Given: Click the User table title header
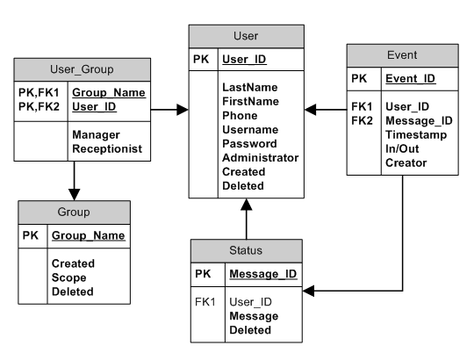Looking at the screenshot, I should coord(246,36).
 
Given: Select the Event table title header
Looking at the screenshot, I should coord(401,54).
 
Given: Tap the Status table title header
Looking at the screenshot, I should coord(246,250).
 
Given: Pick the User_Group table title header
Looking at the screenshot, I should coord(81,68).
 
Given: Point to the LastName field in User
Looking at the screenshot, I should coord(249,88).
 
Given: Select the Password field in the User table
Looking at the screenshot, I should coord(249,144).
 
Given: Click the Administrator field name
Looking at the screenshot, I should coord(261,158).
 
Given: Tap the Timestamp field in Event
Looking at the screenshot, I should coord(416,135).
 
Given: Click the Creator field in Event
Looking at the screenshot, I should coord(406,163).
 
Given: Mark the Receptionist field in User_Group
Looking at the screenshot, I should coord(107,149).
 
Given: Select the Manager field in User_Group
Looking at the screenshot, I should coord(97,135).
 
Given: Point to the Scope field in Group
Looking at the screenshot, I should coord(68,277).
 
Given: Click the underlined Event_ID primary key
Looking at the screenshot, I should coord(411,78).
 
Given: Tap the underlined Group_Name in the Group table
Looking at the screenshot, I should coord(88,235).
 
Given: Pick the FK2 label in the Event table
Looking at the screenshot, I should coord(363,121).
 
